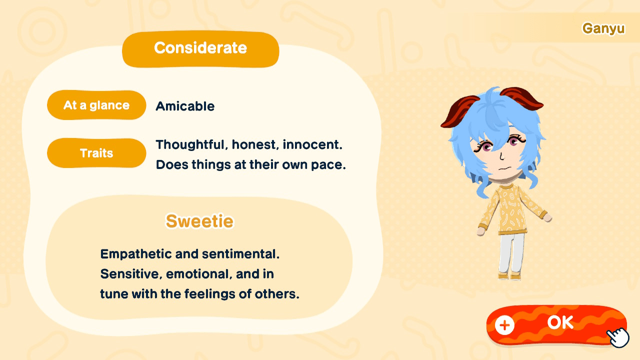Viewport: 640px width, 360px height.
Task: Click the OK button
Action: [x=559, y=323]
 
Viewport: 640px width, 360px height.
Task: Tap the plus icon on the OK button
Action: [x=504, y=325]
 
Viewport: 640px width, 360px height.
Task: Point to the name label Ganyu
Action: [x=603, y=28]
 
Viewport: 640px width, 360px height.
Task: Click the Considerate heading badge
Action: [x=200, y=48]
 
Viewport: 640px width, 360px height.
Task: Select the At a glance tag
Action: [x=96, y=105]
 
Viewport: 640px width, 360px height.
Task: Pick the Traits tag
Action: [x=96, y=153]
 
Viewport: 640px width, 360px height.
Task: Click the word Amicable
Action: [x=185, y=106]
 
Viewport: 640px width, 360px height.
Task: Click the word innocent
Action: [x=312, y=145]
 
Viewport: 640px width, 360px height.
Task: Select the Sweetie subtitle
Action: [x=199, y=221]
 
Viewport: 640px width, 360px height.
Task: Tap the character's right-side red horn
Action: [x=522, y=98]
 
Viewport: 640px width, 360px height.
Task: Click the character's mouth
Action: [x=505, y=167]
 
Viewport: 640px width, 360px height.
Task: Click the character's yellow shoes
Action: [x=509, y=275]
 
